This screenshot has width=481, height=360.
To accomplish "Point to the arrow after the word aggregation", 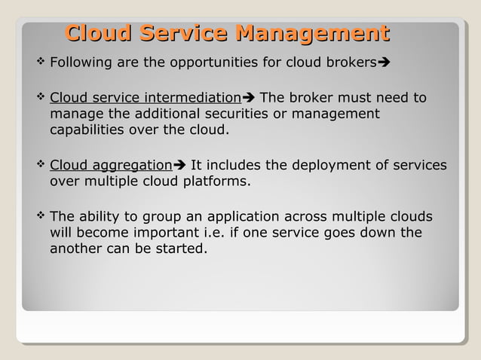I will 179,166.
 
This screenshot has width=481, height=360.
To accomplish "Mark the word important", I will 168,233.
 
